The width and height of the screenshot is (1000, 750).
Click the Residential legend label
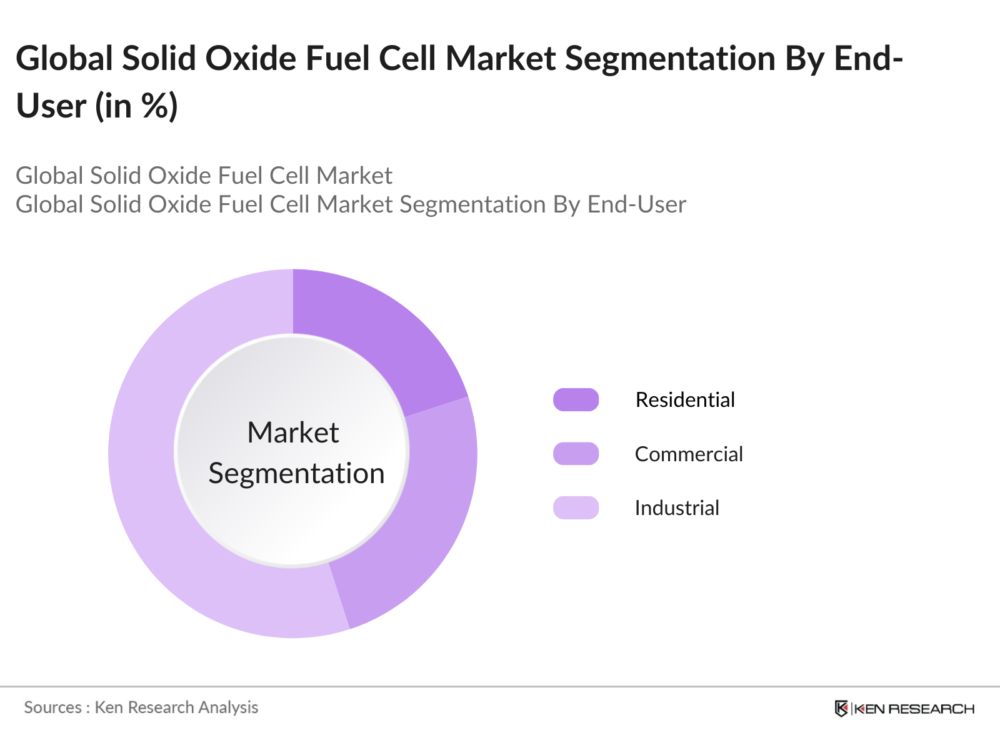685,400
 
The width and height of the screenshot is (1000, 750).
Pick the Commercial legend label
689,454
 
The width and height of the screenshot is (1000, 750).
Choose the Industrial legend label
677,508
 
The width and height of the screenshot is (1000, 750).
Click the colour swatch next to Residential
576,400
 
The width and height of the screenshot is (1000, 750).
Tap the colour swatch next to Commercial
576,454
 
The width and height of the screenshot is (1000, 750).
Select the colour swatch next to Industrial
576,508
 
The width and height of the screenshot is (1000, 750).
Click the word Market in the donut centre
293,432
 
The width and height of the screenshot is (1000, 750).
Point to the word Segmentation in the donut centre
296,473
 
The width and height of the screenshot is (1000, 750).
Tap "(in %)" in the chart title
137,106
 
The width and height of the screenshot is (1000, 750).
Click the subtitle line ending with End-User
351,204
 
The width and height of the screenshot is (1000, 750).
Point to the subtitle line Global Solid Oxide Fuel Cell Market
204,176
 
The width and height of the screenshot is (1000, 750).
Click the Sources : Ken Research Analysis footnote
141,707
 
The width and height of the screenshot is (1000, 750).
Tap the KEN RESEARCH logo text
914,709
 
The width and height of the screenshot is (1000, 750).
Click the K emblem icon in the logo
841,709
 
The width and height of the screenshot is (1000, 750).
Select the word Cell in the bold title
407,59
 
